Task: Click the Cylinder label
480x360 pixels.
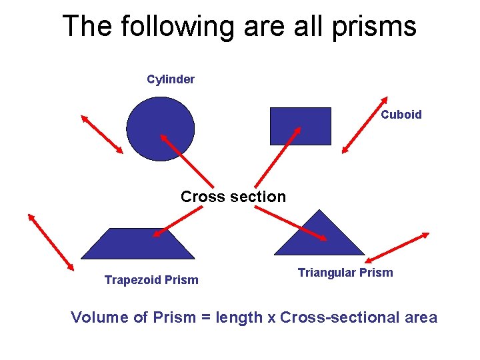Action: click(x=171, y=79)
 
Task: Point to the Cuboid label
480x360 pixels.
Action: click(x=401, y=115)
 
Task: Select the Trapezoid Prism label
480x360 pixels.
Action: click(x=151, y=280)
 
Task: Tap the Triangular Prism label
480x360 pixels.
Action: click(x=345, y=273)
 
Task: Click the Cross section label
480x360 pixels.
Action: click(x=233, y=197)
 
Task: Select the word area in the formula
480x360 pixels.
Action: click(x=421, y=318)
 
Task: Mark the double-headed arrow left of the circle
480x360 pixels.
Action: click(x=102, y=134)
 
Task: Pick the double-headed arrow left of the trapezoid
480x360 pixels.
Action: click(x=51, y=241)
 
